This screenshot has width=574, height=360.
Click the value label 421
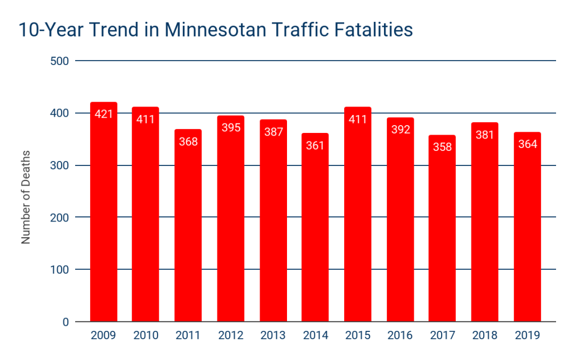click(x=104, y=114)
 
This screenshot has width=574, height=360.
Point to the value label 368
click(x=188, y=141)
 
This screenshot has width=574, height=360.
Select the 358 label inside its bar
click(x=442, y=147)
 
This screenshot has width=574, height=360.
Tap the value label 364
click(x=527, y=144)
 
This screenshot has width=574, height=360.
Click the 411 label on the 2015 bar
click(x=358, y=119)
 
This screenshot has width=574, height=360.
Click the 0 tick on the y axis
click(x=65, y=322)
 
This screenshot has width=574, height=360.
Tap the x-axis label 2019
click(x=527, y=336)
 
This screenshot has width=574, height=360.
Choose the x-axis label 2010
click(x=146, y=336)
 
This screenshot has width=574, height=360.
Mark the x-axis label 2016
click(x=400, y=336)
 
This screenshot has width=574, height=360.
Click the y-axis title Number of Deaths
click(x=26, y=197)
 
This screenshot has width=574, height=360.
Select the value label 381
click(x=485, y=135)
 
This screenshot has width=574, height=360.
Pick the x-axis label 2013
click(x=273, y=336)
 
